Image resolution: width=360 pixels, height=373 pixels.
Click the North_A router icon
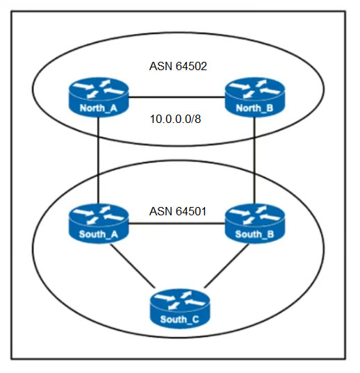pyautogui.click(x=99, y=97)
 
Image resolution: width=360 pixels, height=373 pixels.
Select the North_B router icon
pyautogui.click(x=255, y=97)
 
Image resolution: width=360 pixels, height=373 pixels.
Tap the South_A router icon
pyautogui.click(x=99, y=224)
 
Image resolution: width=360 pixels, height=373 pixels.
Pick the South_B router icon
pyautogui.click(x=255, y=224)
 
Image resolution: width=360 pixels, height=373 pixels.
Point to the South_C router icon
pyautogui.click(x=180, y=308)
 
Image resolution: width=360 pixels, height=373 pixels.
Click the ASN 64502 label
pyautogui.click(x=178, y=66)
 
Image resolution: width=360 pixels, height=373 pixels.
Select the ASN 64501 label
pyautogui.click(x=177, y=211)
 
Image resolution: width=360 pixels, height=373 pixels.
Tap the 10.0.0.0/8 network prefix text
pyautogui.click(x=175, y=119)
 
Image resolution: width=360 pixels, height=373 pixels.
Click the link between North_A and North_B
pyautogui.click(x=177, y=97)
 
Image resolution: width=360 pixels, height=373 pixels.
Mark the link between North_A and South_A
pyautogui.click(x=98, y=160)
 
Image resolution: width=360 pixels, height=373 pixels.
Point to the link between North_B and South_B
pyautogui.click(x=254, y=160)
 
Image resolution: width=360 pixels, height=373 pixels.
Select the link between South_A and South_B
pyautogui.click(x=177, y=224)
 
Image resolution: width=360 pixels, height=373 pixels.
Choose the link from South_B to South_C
pyautogui.click(x=227, y=266)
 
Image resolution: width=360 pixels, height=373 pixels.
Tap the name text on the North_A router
pyautogui.click(x=99, y=108)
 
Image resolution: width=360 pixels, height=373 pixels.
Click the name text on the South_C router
pyautogui.click(x=179, y=320)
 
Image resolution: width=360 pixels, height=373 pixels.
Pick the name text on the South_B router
pyautogui.click(x=254, y=234)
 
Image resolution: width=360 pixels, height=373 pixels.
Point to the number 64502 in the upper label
pyautogui.click(x=191, y=66)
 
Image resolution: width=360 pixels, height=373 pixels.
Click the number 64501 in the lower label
pyautogui.click(x=191, y=211)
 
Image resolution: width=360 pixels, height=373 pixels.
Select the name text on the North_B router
pyautogui.click(x=254, y=108)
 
